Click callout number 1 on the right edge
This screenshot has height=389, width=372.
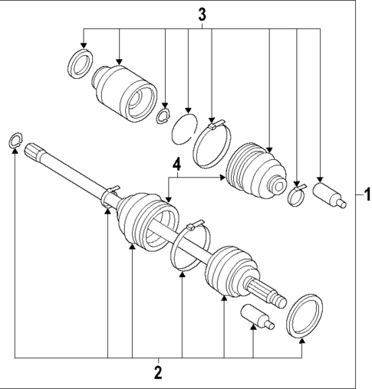coord(366,194)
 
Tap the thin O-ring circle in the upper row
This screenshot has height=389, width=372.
coord(182,127)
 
